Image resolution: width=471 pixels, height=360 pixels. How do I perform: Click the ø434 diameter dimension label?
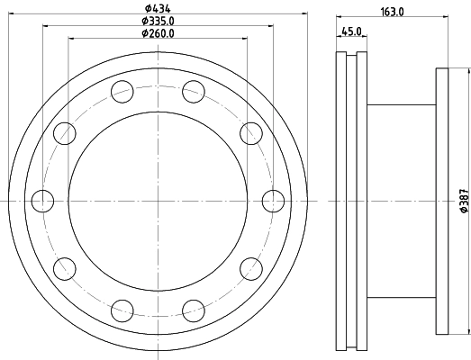[x=158, y=8]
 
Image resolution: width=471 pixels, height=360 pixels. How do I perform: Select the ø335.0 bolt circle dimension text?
[x=158, y=21]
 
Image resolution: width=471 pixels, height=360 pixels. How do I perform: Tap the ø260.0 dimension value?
[x=158, y=33]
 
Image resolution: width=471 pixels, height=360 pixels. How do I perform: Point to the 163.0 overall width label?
[x=392, y=12]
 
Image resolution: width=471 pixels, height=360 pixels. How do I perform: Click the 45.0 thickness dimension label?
[x=351, y=31]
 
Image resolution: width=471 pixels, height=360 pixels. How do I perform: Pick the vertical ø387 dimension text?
[x=464, y=201]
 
